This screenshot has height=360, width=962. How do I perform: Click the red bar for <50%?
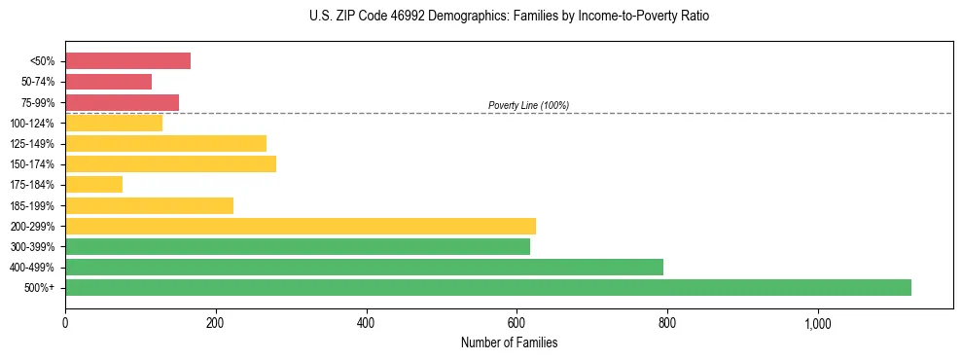click(127, 61)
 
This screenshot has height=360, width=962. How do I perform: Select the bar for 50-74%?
click(108, 82)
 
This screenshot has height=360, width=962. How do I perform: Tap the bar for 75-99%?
click(122, 102)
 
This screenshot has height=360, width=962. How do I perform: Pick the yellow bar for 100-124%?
click(114, 123)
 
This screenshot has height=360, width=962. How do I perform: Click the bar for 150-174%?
click(170, 163)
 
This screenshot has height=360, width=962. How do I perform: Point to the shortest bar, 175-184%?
click(93, 184)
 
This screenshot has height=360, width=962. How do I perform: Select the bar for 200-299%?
click(301, 226)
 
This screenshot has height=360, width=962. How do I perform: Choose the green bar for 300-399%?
click(298, 246)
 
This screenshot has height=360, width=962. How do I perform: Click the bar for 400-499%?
click(364, 267)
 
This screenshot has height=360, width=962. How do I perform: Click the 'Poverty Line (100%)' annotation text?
click(528, 105)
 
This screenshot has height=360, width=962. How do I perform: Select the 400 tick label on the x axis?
click(367, 323)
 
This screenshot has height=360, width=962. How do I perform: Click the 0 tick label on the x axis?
click(65, 323)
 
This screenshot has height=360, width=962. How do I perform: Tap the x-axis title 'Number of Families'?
click(509, 342)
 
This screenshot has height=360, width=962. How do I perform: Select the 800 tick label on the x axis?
click(667, 323)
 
